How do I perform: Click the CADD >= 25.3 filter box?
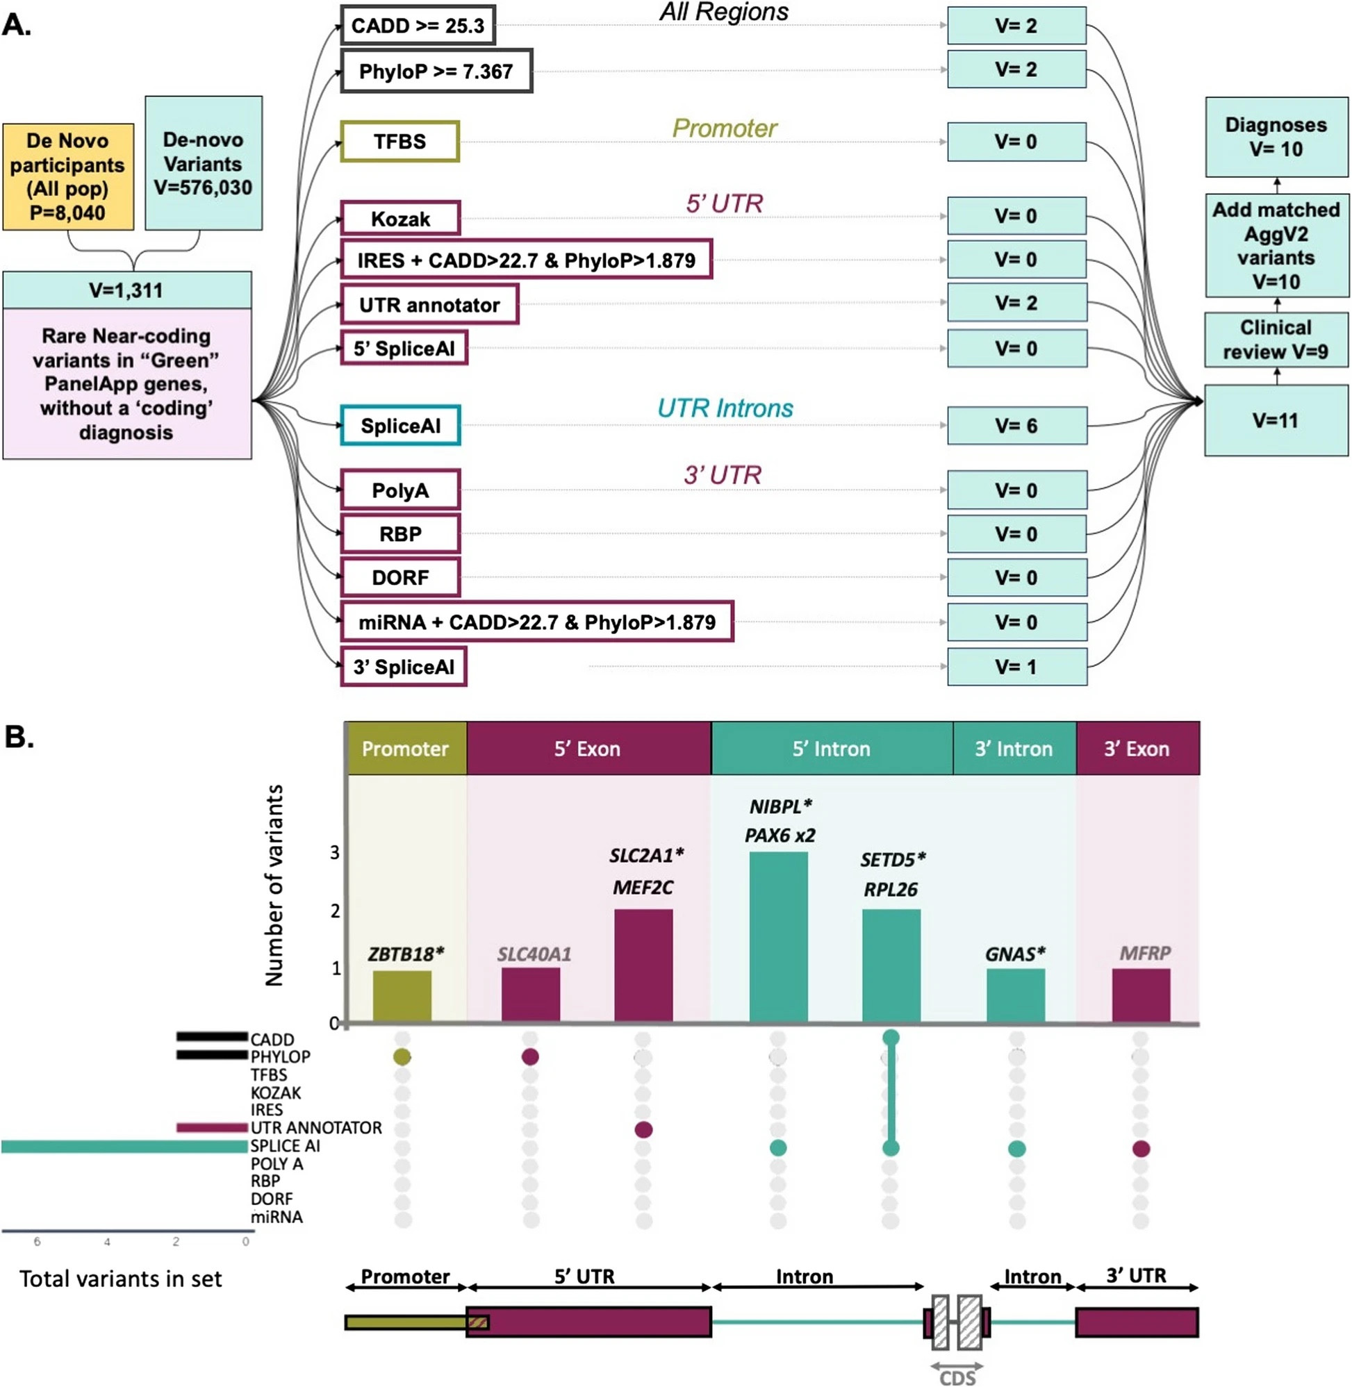(x=418, y=26)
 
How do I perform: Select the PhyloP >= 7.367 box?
(x=436, y=71)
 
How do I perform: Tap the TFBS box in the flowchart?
(x=399, y=141)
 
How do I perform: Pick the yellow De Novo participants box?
(x=68, y=176)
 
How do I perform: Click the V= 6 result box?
(x=1017, y=426)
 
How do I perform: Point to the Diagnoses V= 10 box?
(x=1276, y=137)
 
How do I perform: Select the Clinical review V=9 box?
(x=1276, y=340)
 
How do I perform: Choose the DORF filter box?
(x=400, y=577)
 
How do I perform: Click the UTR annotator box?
(x=429, y=304)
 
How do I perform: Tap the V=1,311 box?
(x=127, y=290)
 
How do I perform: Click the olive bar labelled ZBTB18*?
(x=402, y=996)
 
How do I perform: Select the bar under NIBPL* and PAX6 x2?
(x=778, y=936)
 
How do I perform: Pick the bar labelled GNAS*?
(x=1016, y=995)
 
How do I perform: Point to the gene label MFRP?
(x=1145, y=954)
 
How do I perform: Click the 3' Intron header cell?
(x=1015, y=748)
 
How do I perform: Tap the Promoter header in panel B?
(x=406, y=748)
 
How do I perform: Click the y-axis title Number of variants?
(x=274, y=885)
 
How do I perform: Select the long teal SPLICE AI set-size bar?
(x=124, y=1147)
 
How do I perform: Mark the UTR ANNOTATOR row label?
(x=316, y=1128)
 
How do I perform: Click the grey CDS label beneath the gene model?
(x=957, y=1378)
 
